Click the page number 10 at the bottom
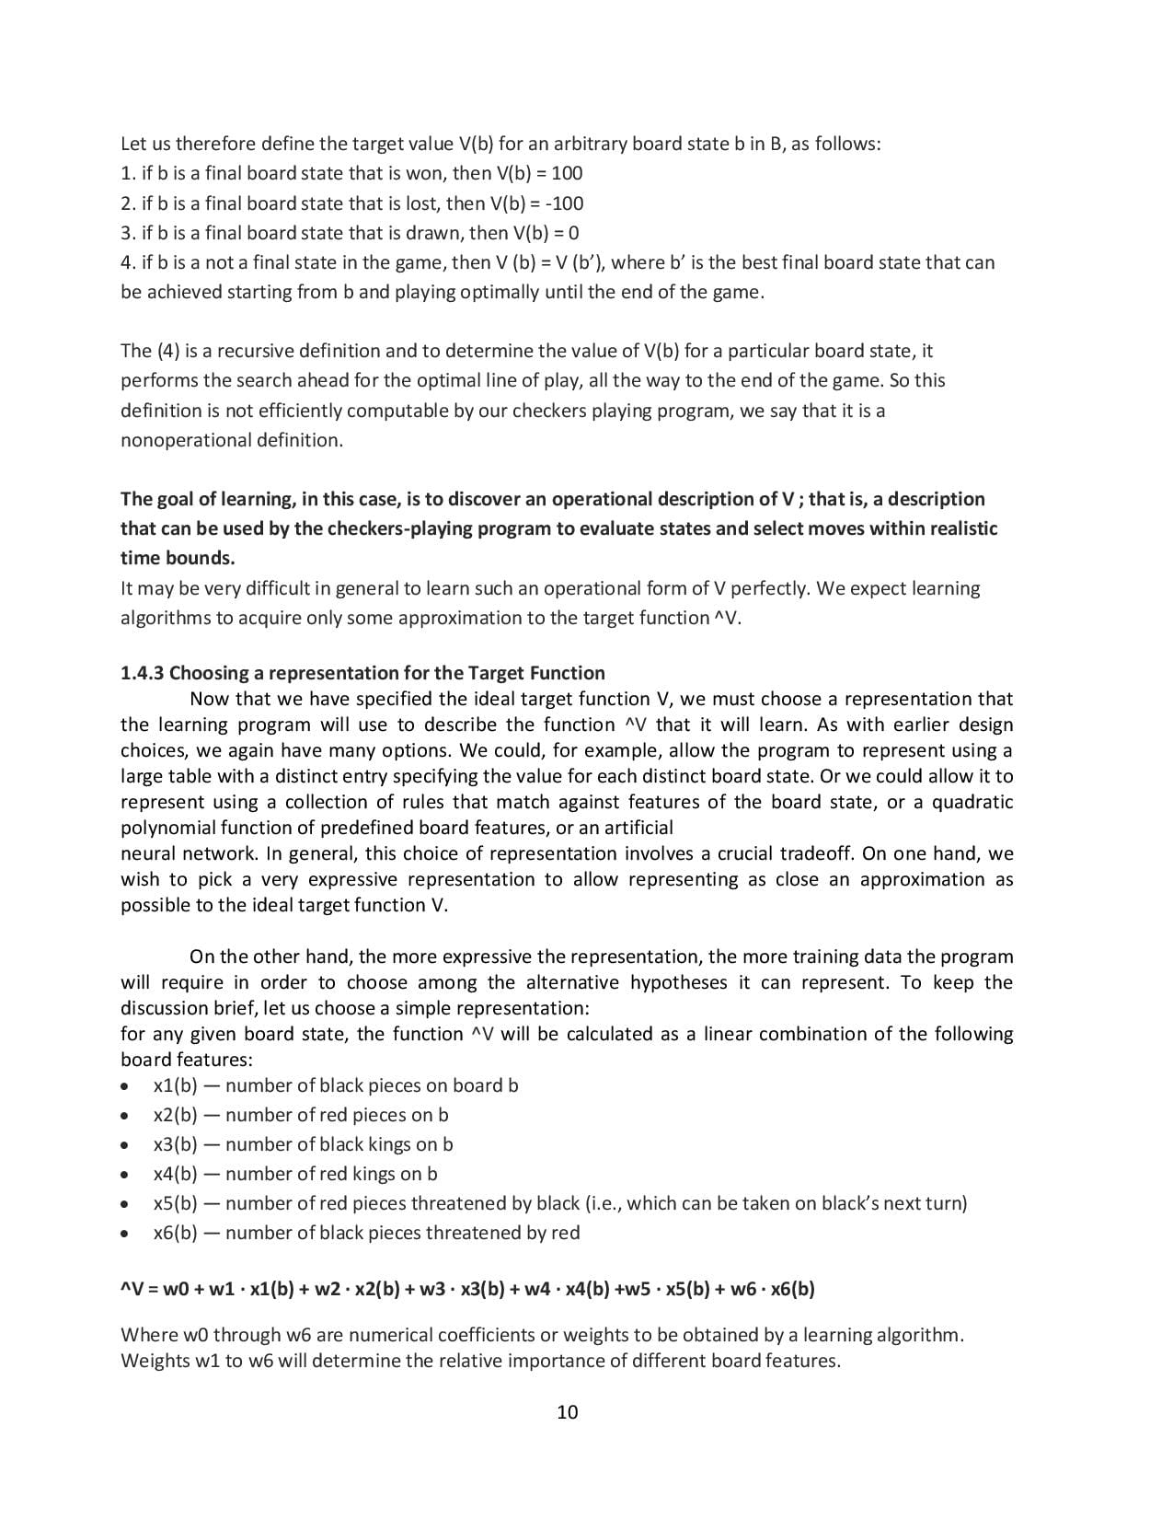tap(568, 1412)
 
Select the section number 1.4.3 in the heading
tap(143, 673)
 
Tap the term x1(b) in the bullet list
tap(175, 1085)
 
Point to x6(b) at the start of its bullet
tap(175, 1233)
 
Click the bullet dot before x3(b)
tap(125, 1145)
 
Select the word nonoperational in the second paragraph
tap(178, 440)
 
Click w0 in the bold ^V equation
tap(176, 1289)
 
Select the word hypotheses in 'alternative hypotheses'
tap(680, 982)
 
